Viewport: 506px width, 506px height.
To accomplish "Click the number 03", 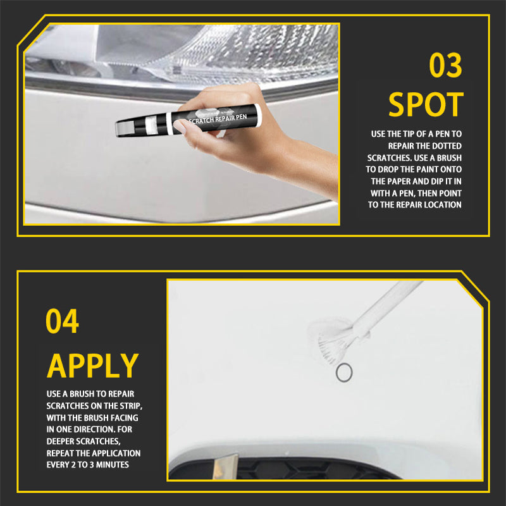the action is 446,65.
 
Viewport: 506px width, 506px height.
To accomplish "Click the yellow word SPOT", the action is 426,104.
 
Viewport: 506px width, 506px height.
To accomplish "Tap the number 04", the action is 62,321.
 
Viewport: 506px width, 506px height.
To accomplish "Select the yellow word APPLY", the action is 92,366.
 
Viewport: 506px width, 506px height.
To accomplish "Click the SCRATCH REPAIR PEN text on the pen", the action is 218,118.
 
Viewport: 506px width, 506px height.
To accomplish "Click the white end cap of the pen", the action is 257,114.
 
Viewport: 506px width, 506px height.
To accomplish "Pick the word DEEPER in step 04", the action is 60,441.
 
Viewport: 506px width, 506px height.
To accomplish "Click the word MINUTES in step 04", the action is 113,465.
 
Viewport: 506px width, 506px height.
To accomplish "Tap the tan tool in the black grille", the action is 225,467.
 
